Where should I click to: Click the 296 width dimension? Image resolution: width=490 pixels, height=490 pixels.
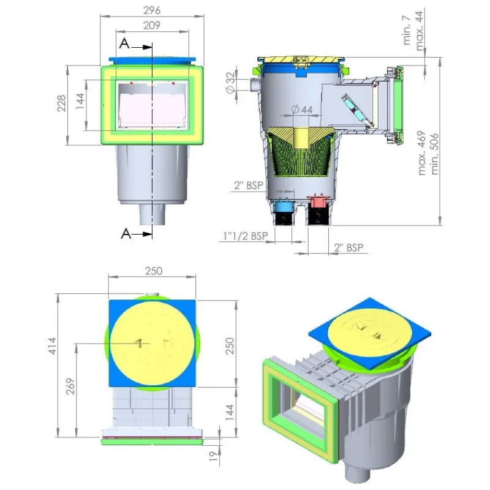point(152,10)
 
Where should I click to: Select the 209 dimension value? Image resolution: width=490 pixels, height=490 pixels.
point(152,25)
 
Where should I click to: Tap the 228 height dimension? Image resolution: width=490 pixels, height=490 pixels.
point(62,103)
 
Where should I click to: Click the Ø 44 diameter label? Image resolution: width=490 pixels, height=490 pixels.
point(302,110)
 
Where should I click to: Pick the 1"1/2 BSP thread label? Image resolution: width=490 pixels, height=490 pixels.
point(246,236)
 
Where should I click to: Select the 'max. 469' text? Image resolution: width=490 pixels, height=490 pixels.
point(422,153)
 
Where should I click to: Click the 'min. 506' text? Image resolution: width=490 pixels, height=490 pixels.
point(434,154)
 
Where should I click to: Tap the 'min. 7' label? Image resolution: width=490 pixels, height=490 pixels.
point(407,30)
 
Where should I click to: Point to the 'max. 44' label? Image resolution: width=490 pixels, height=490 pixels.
point(420,31)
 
